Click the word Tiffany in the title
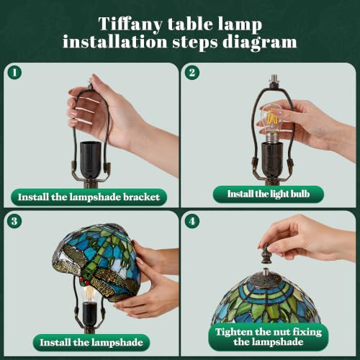point(130,24)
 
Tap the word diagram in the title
point(260,42)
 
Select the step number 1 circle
point(14,73)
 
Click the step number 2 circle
point(192,73)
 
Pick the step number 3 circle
point(14,221)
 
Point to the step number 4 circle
point(192,221)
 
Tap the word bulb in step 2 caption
point(300,194)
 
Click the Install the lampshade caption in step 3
point(91,343)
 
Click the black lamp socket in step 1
point(91,160)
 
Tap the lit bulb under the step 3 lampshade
point(89,294)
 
